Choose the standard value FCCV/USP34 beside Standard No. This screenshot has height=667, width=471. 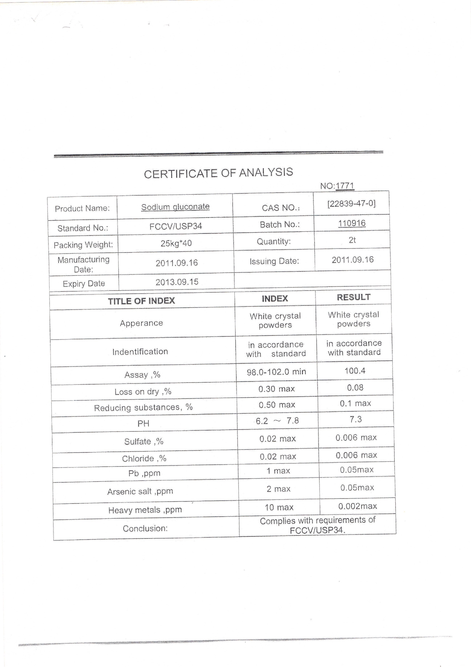[x=176, y=226]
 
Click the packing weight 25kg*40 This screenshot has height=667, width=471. [x=176, y=243]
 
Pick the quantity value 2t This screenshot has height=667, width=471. [x=352, y=240]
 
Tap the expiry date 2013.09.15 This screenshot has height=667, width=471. [x=177, y=282]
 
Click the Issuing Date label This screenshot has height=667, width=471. [x=274, y=261]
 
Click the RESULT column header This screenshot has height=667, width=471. [x=354, y=297]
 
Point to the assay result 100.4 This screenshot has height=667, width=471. [x=355, y=371]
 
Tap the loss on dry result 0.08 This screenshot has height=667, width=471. [x=355, y=388]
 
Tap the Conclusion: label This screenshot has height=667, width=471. [x=145, y=528]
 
